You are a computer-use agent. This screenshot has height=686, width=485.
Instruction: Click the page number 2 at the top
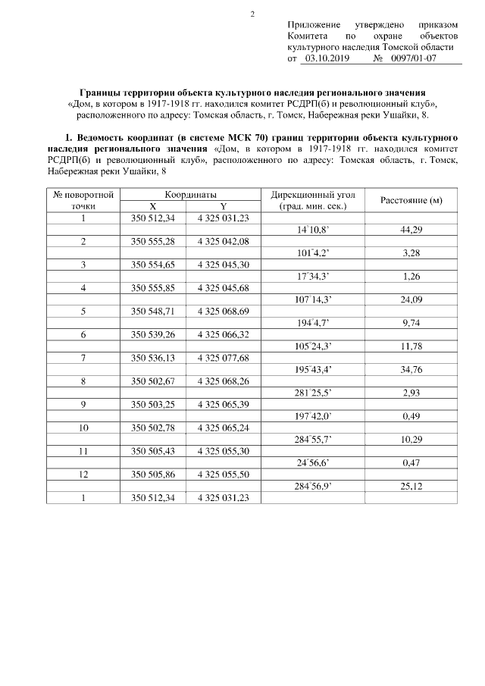click(x=252, y=13)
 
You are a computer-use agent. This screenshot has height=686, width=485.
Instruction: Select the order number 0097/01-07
click(x=411, y=58)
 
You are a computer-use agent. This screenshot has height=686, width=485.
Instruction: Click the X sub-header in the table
click(x=153, y=206)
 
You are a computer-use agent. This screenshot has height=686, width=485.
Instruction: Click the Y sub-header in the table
click(x=223, y=206)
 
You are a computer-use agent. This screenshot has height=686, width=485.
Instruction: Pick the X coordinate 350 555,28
click(x=153, y=241)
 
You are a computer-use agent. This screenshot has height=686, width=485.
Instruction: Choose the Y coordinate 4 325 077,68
click(x=223, y=357)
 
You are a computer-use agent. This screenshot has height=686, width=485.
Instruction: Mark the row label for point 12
click(x=84, y=474)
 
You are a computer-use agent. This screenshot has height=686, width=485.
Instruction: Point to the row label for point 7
click(x=84, y=357)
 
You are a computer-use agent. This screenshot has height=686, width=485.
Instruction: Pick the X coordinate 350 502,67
click(x=153, y=381)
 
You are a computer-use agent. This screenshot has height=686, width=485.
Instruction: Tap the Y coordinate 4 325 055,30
click(x=223, y=450)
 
